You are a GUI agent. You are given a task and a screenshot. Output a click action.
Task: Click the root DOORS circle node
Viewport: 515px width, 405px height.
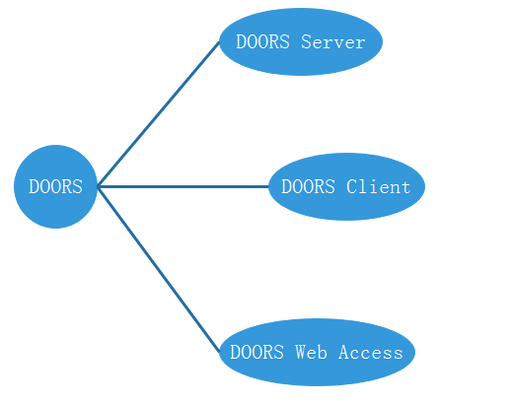[x=55, y=186]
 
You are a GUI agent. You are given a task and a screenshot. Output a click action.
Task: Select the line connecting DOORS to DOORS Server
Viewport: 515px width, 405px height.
[x=158, y=114]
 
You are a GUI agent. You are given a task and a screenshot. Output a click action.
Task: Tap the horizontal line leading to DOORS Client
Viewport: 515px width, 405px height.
[x=183, y=186]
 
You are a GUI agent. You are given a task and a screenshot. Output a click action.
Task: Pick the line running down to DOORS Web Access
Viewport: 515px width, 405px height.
[x=158, y=267]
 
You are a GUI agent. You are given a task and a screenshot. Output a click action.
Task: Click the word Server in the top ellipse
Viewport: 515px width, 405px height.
[x=333, y=42]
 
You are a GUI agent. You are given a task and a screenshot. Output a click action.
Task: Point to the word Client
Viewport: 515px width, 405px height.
[x=378, y=186]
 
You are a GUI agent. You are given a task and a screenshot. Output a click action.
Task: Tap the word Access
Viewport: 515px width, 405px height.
[x=371, y=352]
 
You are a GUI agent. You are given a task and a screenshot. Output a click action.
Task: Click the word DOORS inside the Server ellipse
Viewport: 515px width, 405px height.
[x=264, y=42]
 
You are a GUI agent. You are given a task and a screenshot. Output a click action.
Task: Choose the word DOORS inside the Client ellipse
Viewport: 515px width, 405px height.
[x=309, y=186]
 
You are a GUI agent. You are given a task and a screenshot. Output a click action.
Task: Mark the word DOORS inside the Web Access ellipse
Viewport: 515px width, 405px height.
[x=257, y=352]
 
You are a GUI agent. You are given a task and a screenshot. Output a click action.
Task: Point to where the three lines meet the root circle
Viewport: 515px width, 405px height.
[x=98, y=186]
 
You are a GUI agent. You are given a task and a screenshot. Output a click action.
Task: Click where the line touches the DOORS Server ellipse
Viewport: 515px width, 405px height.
[x=220, y=42]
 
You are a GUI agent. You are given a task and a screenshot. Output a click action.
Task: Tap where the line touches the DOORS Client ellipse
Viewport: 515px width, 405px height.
[x=268, y=186]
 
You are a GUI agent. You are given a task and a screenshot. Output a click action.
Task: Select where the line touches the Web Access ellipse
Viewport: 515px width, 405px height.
[x=220, y=351]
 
